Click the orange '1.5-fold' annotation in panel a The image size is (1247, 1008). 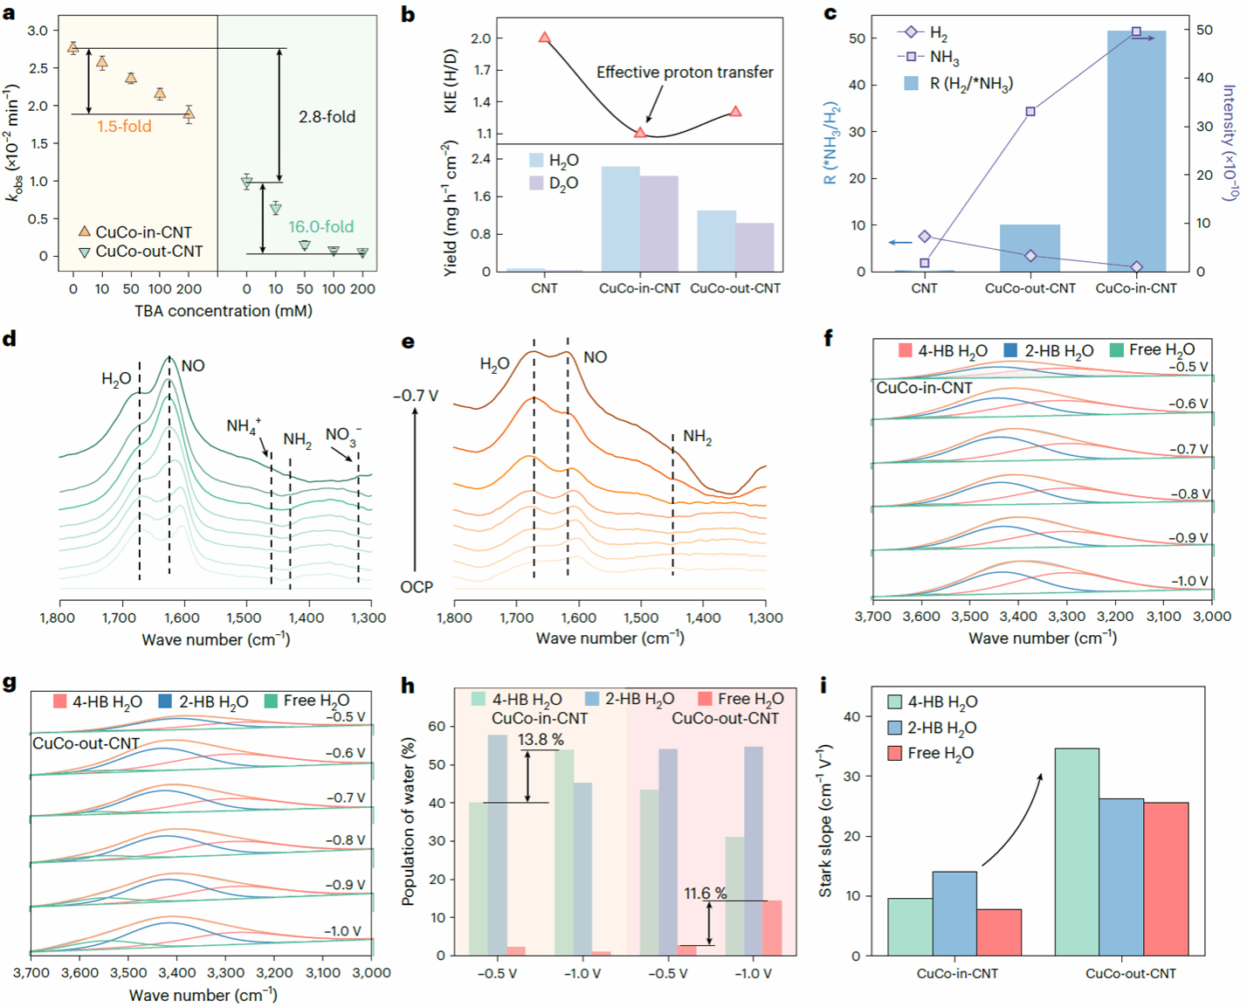tap(124, 127)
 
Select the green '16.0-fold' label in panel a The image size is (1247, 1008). tap(320, 227)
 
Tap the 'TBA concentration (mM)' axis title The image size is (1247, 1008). tap(224, 311)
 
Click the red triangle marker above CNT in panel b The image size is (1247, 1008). tap(545, 38)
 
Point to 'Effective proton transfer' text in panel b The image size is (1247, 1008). tap(685, 72)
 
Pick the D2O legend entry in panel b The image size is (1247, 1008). tap(554, 183)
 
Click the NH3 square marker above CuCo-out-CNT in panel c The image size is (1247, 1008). tap(1030, 112)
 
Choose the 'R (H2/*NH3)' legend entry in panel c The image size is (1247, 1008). tap(959, 84)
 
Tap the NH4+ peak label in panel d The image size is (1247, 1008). tap(243, 426)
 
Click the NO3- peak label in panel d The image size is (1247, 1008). tap(342, 435)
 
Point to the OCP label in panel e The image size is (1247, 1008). tap(417, 587)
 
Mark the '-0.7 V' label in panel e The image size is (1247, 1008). tap(416, 396)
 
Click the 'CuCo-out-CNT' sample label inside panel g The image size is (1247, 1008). tap(86, 743)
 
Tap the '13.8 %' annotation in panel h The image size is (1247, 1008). tap(541, 740)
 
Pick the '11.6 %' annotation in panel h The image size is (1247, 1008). tap(706, 894)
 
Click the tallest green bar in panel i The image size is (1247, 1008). tap(1077, 852)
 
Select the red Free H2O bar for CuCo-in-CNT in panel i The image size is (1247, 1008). tap(999, 932)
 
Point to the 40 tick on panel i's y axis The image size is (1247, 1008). tap(851, 716)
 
